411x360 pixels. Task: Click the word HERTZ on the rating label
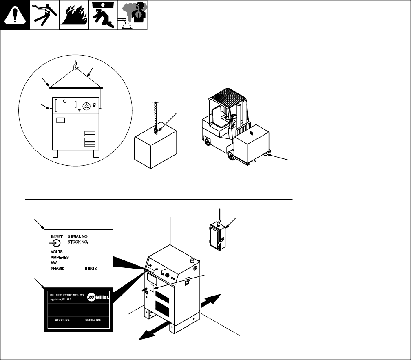pyautogui.click(x=93, y=268)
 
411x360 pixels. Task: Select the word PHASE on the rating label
pyautogui.click(x=59, y=268)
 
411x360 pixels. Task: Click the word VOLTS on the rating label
pyautogui.click(x=57, y=252)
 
